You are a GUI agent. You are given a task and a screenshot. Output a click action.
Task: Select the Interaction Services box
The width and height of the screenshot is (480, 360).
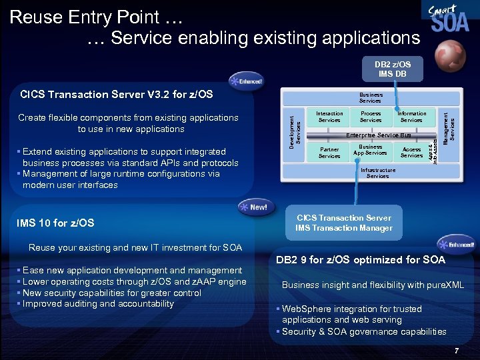(x=329, y=117)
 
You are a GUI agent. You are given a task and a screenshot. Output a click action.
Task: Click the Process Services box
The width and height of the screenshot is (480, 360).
(x=371, y=117)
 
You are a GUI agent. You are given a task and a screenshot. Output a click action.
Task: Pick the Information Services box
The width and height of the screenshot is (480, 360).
(x=411, y=117)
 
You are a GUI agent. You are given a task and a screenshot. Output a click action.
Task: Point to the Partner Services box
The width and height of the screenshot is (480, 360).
(x=329, y=153)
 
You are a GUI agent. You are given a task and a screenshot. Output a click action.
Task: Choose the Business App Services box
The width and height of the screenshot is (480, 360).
(x=371, y=150)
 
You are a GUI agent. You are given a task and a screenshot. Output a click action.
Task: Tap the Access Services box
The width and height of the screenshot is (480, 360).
(x=411, y=153)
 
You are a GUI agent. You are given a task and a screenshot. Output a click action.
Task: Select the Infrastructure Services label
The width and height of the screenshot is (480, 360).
(x=377, y=173)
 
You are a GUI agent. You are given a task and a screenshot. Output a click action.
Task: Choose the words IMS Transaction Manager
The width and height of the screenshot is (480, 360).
(x=344, y=229)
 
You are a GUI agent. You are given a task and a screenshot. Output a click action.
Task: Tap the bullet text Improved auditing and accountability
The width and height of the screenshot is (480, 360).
(x=98, y=304)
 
